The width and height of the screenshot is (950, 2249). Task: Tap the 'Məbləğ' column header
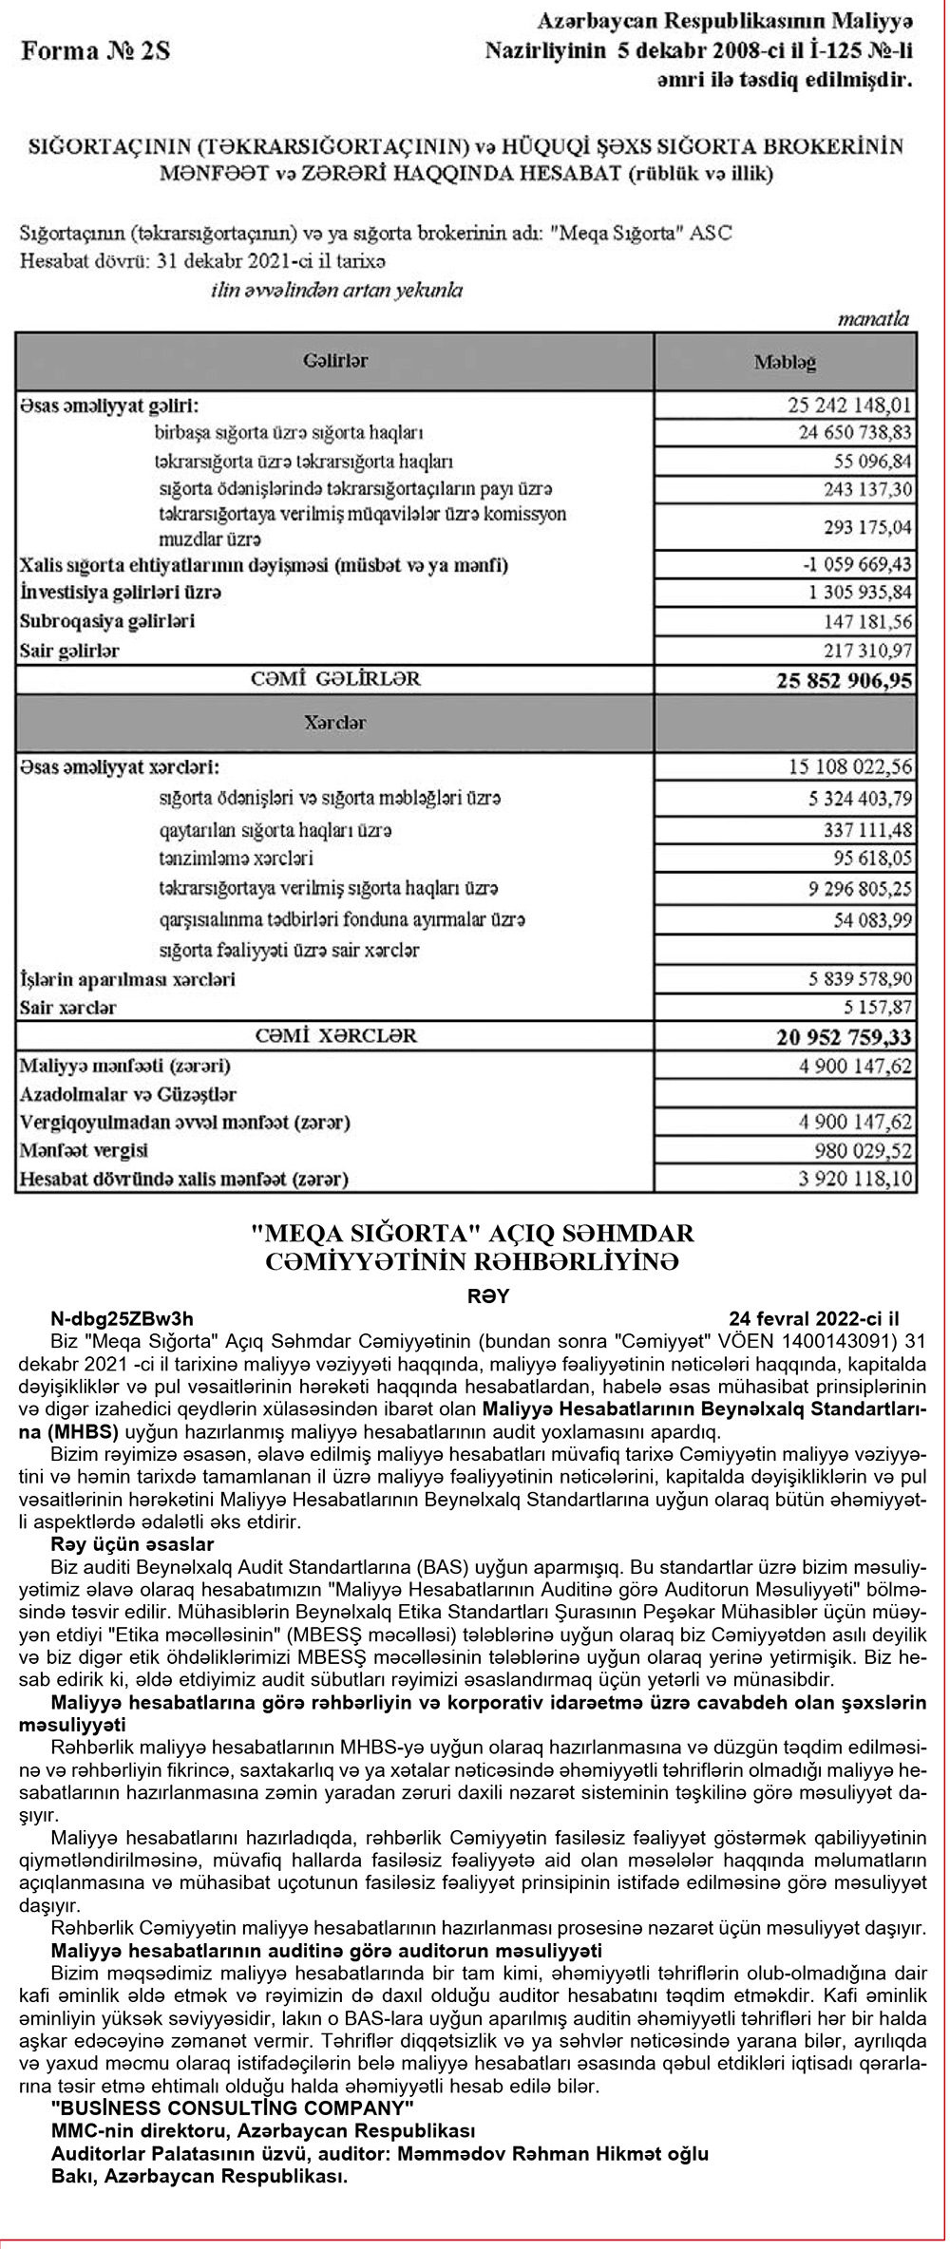click(x=785, y=362)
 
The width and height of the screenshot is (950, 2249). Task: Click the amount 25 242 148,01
click(x=849, y=406)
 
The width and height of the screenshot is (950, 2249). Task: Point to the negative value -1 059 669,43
click(x=857, y=565)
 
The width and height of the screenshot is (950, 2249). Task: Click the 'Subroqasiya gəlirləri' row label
click(x=107, y=622)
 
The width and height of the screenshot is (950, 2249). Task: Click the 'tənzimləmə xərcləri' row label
click(x=237, y=859)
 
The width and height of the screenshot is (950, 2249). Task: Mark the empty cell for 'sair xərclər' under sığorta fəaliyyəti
click(x=785, y=950)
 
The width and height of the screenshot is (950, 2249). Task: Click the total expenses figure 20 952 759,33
click(x=844, y=1036)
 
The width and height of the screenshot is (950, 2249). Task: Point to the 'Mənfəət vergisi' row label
click(x=85, y=1151)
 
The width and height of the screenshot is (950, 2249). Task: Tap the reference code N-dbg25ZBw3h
click(x=122, y=1318)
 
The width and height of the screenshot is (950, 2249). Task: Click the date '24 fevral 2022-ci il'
click(x=814, y=1318)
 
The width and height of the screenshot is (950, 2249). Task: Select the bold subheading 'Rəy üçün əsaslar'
click(x=132, y=1544)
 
